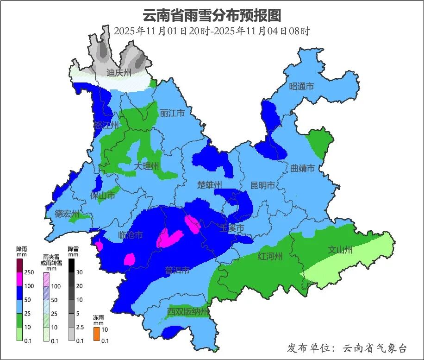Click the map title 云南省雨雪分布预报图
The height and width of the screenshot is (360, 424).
pos(212,15)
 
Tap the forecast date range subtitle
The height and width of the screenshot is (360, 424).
pos(212,32)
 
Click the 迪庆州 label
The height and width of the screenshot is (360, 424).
pos(119,73)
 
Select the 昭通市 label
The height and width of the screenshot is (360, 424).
pos(301,87)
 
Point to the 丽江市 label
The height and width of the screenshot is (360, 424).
pos(172,114)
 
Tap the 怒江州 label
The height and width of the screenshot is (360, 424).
pos(106,126)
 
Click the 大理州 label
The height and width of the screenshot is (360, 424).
pos(147,166)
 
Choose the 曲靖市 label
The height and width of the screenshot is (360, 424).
pos(303,168)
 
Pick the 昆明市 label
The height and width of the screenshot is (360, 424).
pos(262,186)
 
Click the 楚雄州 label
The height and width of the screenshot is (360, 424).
pos(210,186)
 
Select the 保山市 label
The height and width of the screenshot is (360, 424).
pos(103,196)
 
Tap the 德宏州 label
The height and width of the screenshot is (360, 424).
pos(67,214)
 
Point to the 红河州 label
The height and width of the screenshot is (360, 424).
pos(270,257)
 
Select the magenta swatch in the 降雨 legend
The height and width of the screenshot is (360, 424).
pos(19,279)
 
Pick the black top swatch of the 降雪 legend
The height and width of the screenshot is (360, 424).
pos(71,265)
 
